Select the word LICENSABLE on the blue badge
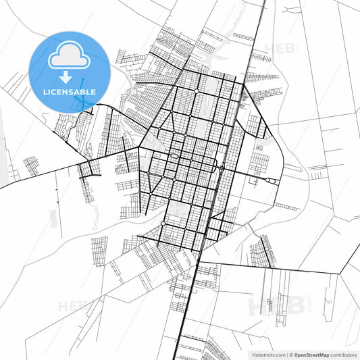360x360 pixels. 69,91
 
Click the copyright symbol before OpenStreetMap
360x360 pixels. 290,354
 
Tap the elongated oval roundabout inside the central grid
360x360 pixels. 174,157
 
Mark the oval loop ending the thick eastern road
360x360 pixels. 271,180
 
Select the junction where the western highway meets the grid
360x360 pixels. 140,147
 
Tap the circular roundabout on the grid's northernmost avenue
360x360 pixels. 196,90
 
